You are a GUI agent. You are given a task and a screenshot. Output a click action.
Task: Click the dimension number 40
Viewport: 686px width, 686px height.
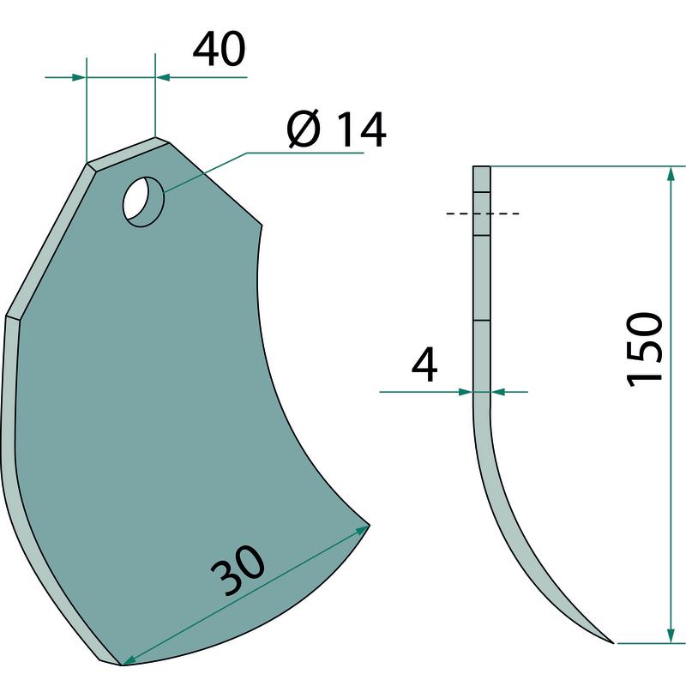coord(220,49)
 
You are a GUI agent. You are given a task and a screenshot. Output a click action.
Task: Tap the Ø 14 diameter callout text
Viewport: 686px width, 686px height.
coord(336,129)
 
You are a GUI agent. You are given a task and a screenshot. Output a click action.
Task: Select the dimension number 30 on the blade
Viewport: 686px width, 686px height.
coord(238,570)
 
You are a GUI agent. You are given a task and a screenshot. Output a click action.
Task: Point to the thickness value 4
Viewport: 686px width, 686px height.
coord(424,365)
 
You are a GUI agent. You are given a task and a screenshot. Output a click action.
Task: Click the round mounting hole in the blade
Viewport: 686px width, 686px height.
coord(144,202)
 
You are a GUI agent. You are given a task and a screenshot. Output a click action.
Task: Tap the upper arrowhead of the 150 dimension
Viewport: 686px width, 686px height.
coord(670,174)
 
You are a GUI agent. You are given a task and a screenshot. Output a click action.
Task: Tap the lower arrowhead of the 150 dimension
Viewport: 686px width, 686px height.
coord(670,636)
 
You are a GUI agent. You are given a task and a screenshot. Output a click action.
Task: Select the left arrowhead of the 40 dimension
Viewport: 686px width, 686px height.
coord(79,77)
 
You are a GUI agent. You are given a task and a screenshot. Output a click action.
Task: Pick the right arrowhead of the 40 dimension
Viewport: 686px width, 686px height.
coord(163,77)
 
